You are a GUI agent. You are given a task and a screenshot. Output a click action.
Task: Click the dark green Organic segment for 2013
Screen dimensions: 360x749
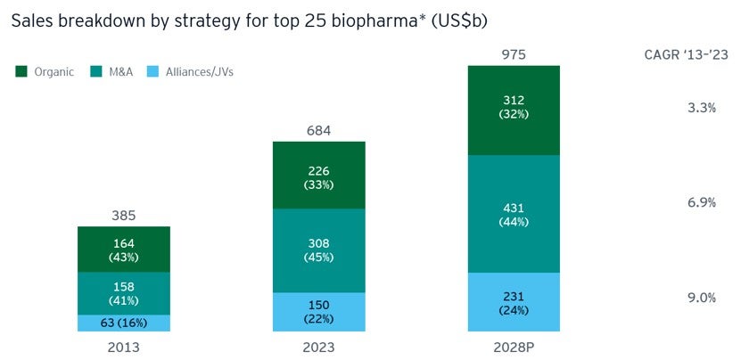(x=124, y=249)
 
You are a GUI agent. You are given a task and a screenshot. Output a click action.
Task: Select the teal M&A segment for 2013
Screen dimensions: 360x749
(x=124, y=293)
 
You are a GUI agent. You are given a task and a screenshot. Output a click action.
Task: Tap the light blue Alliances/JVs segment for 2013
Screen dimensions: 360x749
(x=124, y=323)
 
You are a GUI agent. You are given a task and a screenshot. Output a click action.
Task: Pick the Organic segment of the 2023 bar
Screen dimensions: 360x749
(x=318, y=175)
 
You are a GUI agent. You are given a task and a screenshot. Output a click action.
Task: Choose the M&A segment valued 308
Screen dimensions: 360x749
(x=318, y=250)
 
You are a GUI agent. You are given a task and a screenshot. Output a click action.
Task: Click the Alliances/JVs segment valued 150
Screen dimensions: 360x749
(x=318, y=312)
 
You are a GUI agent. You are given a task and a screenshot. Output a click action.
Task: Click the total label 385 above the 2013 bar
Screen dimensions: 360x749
(x=124, y=215)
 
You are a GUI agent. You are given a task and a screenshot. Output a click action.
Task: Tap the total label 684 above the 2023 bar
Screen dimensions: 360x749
(x=318, y=130)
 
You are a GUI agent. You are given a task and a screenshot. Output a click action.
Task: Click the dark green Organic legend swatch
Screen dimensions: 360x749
(x=21, y=71)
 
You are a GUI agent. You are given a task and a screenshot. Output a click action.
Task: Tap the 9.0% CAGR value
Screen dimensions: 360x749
(x=702, y=299)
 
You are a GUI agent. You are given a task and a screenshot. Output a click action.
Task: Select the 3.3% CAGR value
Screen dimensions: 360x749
(x=702, y=108)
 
